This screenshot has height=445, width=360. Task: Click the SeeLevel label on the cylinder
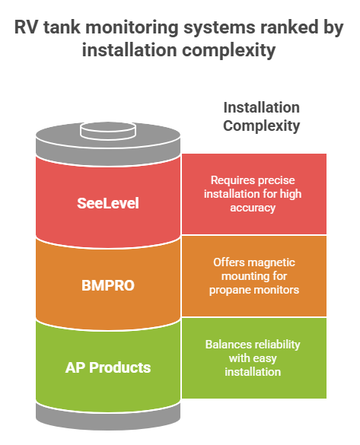108,203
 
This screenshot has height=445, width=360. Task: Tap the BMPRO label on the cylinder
108,285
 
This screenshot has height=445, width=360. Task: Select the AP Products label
108,367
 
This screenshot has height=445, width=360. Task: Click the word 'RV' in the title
26,27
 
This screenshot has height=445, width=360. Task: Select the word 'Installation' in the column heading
262,107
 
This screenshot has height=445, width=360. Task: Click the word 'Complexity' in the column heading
262,126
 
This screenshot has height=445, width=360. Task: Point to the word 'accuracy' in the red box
253,208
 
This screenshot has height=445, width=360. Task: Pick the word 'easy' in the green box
264,359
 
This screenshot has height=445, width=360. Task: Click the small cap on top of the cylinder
108,131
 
